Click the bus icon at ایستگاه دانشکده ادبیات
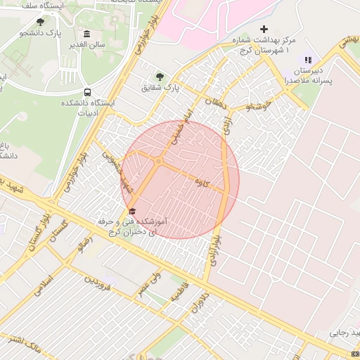tap(87, 92)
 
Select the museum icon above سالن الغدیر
tap(86, 34)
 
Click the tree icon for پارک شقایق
tap(160, 77)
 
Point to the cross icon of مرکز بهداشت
tap(264, 30)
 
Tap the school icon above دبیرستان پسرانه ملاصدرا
tap(307, 60)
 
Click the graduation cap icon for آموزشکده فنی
tap(131, 211)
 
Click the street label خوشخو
tap(259, 106)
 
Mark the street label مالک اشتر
tap(24, 345)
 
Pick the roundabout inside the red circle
tap(159, 161)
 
